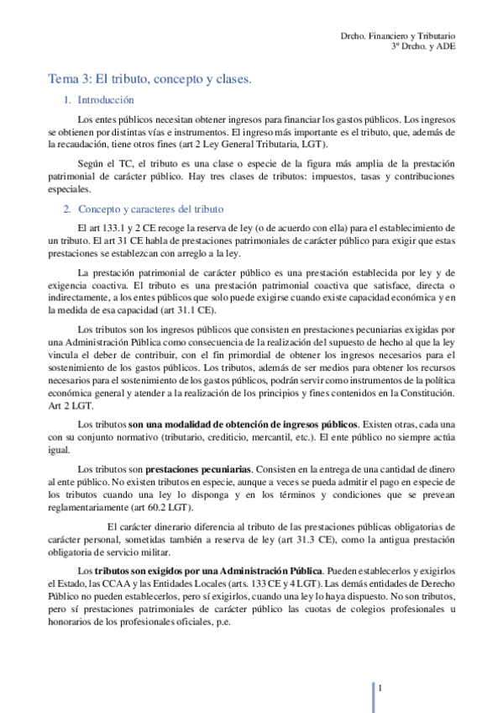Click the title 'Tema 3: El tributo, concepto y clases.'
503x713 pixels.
(149, 79)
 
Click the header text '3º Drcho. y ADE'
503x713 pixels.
(423, 49)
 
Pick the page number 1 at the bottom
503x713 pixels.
(380, 689)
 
